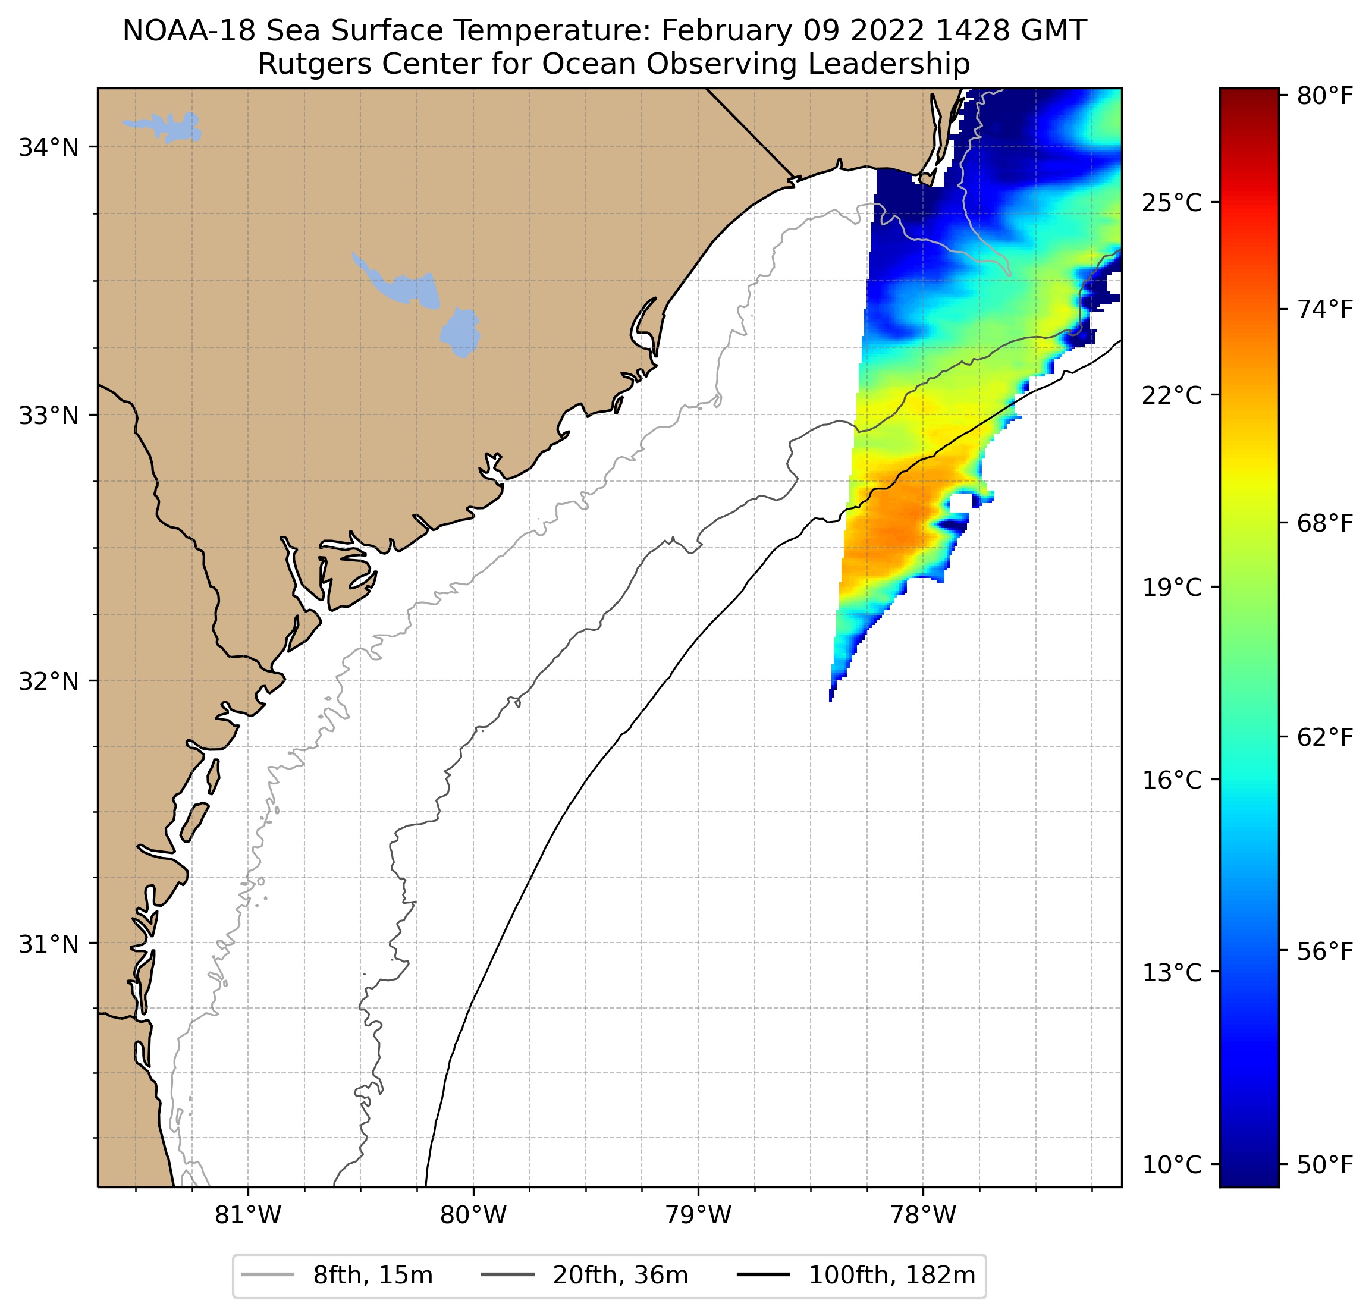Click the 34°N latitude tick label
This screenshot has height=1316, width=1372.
48,147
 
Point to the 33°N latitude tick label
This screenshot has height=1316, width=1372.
48,416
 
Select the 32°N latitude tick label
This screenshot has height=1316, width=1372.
48,681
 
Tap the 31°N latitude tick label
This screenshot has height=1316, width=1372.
48,944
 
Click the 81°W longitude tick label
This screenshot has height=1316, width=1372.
248,1215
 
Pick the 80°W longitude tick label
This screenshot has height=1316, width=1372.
473,1215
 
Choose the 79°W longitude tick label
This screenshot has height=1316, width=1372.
698,1215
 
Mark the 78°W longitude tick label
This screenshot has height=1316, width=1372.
922,1215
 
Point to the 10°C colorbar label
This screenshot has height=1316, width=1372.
1171,1165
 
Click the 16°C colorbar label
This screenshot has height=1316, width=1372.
1171,780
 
